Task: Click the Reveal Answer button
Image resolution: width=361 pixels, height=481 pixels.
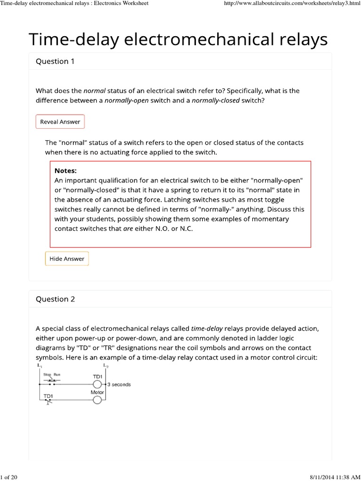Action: click(60, 122)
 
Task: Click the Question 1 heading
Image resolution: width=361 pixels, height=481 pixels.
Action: click(55, 62)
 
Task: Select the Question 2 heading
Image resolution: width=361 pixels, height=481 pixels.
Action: click(55, 299)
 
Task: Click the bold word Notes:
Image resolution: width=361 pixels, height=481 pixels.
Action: click(65, 171)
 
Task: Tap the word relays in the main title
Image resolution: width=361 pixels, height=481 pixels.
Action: click(300, 39)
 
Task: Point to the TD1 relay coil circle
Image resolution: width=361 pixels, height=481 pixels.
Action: click(97, 384)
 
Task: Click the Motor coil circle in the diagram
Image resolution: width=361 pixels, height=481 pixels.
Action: click(97, 400)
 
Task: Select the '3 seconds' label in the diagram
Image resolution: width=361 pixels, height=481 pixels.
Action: click(119, 384)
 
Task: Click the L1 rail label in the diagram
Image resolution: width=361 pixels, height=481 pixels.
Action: click(39, 365)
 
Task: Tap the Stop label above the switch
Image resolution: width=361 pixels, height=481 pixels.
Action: click(47, 374)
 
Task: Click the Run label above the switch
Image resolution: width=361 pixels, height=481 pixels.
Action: click(57, 374)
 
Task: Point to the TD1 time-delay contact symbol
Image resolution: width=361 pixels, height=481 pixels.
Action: click(48, 400)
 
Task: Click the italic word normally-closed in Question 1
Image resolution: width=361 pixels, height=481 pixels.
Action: click(216, 100)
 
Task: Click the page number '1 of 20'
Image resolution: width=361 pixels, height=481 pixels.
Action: click(9, 477)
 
